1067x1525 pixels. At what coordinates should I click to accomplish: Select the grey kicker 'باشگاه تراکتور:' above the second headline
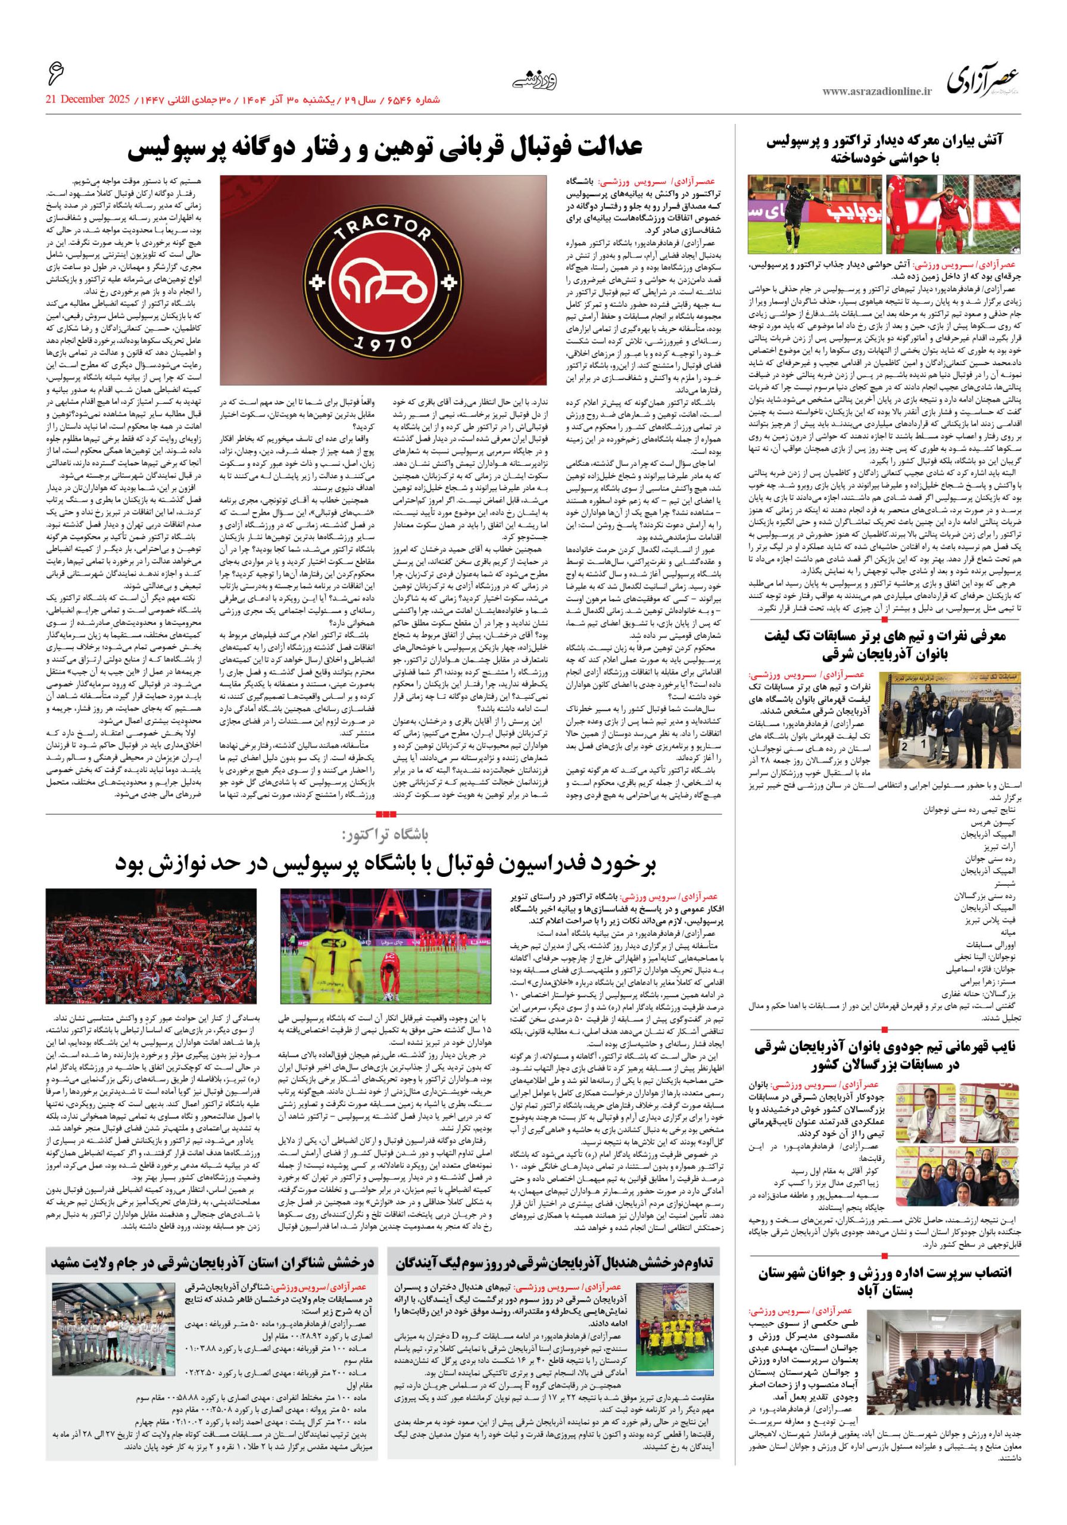385,833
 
